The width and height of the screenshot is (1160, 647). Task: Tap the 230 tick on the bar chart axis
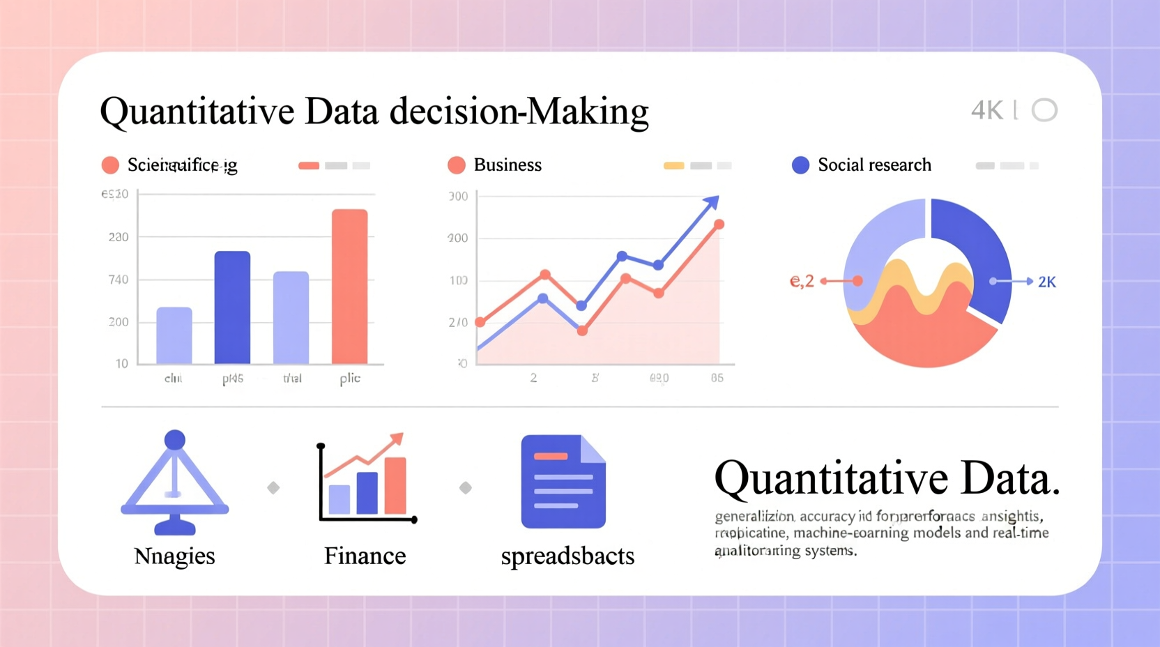coord(119,237)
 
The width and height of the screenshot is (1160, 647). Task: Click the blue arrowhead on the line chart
coord(711,202)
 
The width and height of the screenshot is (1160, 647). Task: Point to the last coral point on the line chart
coord(719,224)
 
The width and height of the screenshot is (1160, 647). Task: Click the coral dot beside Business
coord(457,165)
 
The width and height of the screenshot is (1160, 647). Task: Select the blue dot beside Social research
coord(800,165)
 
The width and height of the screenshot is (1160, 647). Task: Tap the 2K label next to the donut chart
coord(1046,282)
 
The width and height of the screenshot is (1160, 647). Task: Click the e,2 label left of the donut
coord(802,281)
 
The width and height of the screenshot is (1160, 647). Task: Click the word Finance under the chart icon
coord(365,556)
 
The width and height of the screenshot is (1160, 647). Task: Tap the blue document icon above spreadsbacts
coord(563,481)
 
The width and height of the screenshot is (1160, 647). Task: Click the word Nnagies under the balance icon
coord(174,556)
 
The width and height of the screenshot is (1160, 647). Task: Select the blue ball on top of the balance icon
coord(174,440)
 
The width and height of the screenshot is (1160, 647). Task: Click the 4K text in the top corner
coord(986,110)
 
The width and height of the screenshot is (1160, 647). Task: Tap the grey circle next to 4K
coord(1044,110)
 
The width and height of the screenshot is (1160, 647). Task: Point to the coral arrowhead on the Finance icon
coord(397,439)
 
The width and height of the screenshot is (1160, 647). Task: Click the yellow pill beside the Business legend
coord(673,166)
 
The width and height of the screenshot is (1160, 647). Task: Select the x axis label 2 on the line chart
coord(533,378)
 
